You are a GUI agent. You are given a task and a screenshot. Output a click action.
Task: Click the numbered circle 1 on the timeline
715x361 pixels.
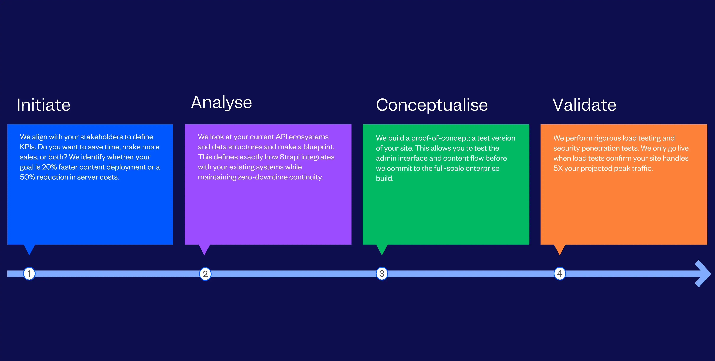pyautogui.click(x=29, y=273)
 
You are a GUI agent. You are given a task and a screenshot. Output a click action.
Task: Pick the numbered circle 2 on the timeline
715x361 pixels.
pyautogui.click(x=205, y=274)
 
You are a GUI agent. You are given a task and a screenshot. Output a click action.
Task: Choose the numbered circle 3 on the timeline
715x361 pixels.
pyautogui.click(x=382, y=273)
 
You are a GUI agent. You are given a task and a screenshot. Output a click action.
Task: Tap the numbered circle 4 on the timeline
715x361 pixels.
pyautogui.click(x=560, y=273)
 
